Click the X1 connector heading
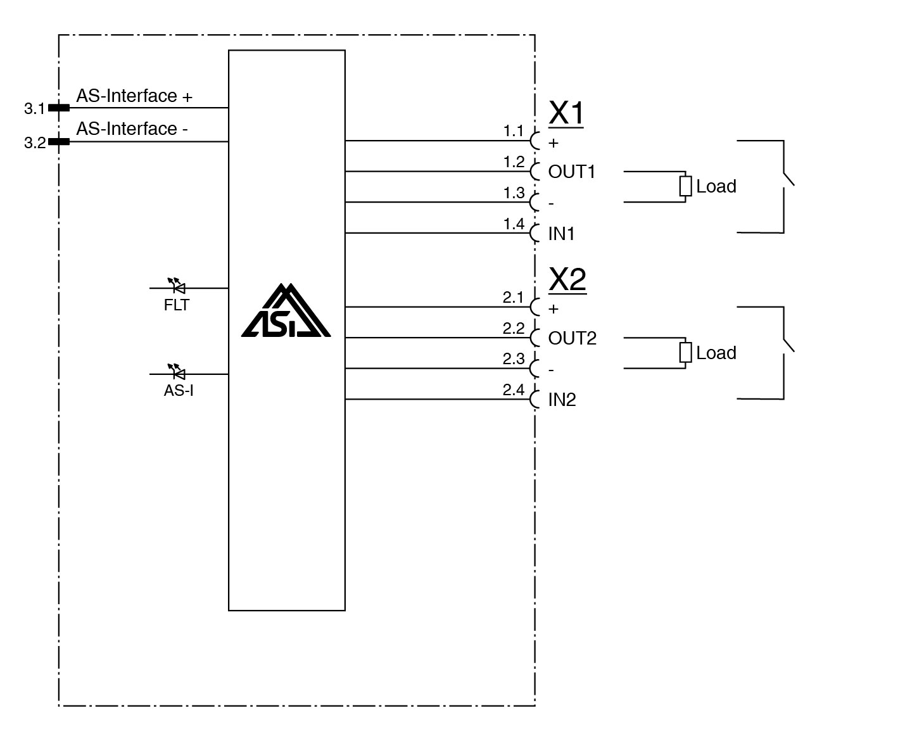point(566,113)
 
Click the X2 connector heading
point(567,279)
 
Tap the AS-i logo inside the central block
point(286,312)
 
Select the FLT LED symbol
point(177,288)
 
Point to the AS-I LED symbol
point(177,373)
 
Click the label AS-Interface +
point(134,96)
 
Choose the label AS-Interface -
point(132,129)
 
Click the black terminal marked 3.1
point(59,108)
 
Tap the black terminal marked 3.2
point(59,141)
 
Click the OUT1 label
point(572,172)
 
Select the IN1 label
point(561,234)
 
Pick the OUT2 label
point(572,338)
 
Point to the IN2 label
point(562,400)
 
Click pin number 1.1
point(514,131)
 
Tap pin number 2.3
point(514,359)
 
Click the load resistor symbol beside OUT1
point(685,186)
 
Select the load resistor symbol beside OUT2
point(685,353)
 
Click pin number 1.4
point(514,224)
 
